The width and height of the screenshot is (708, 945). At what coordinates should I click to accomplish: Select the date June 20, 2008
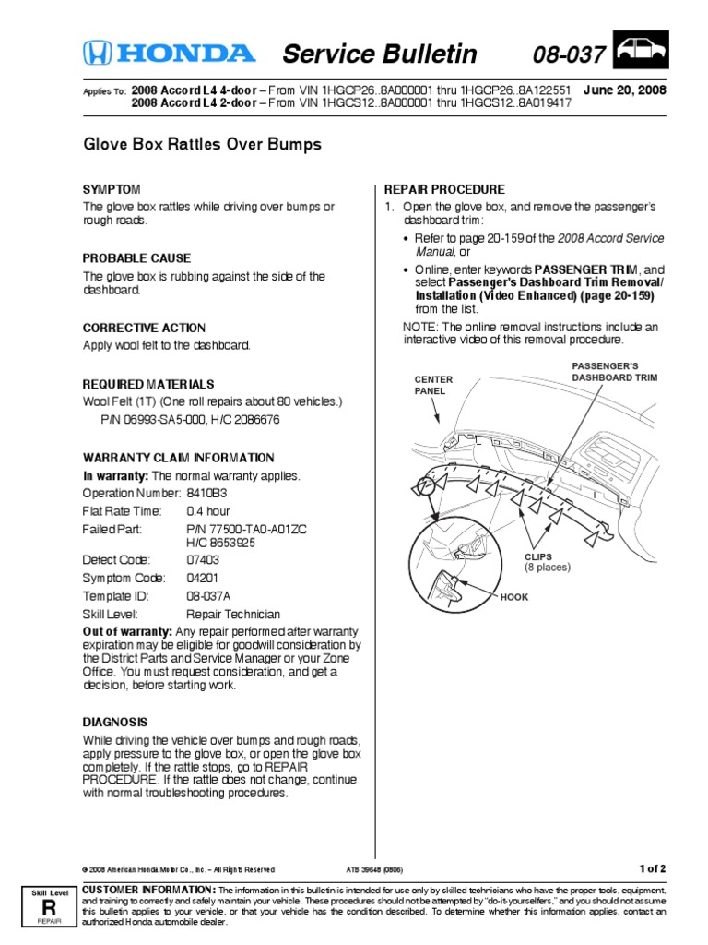(x=624, y=90)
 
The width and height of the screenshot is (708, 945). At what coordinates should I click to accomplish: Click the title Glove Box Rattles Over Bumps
(x=203, y=145)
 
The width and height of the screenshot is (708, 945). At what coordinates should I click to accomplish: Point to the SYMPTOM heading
(x=112, y=188)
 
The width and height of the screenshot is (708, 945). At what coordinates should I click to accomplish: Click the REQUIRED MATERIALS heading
(x=148, y=383)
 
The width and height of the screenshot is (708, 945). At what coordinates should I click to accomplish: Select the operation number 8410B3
(x=206, y=493)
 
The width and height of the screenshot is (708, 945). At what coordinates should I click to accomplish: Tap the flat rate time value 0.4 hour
(x=207, y=510)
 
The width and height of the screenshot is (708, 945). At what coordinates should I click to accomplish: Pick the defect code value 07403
(x=205, y=560)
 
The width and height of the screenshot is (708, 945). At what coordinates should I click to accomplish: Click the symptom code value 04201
(x=205, y=578)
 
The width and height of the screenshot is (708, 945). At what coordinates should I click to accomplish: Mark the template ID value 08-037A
(x=210, y=596)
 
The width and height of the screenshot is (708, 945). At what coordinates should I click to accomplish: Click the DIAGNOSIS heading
(x=115, y=722)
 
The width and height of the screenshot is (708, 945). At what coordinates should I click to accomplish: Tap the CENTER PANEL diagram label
(x=433, y=385)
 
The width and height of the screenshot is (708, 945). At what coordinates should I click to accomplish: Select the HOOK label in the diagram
(x=514, y=597)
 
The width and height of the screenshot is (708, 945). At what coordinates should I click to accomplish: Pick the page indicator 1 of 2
(x=652, y=868)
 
